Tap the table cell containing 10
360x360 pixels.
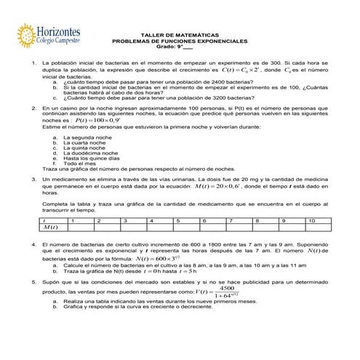coord(311,220)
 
